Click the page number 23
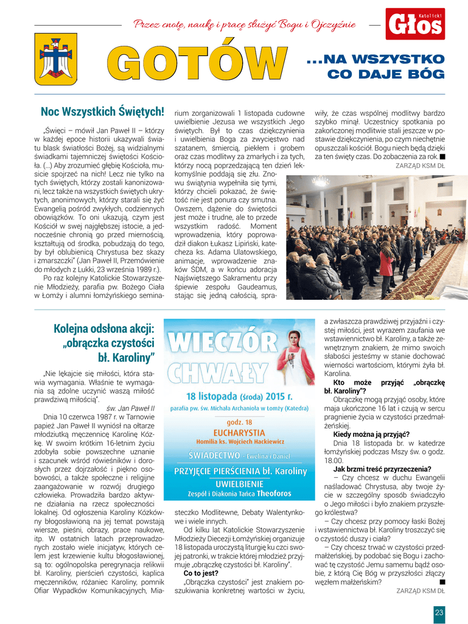click(439, 612)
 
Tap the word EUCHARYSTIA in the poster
click(239, 432)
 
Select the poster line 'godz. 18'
click(239, 422)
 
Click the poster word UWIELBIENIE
click(239, 483)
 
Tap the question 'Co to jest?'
click(202, 573)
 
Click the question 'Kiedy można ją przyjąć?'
click(371, 434)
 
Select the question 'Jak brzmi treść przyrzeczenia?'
click(382, 469)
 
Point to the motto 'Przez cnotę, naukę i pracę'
click(245, 25)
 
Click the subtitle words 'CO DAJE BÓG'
click(386, 74)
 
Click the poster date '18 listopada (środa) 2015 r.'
click(239, 394)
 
